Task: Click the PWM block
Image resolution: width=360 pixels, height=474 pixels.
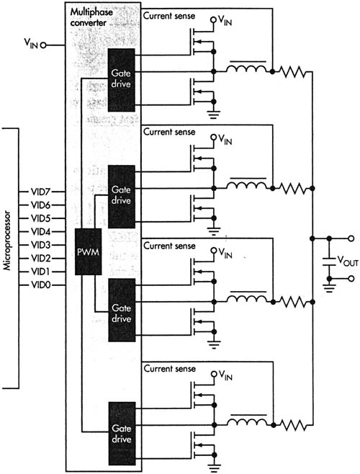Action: (x=88, y=252)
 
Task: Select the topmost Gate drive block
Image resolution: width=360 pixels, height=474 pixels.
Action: (x=121, y=80)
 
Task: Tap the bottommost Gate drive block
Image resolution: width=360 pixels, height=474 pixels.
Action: (x=122, y=434)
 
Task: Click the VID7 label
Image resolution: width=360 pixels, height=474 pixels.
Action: (x=41, y=192)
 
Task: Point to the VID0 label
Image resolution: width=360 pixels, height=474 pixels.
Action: (x=41, y=285)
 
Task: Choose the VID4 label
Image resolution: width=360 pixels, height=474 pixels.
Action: (x=41, y=232)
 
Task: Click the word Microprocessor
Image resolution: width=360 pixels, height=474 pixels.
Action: (x=7, y=241)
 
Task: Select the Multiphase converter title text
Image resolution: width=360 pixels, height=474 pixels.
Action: (x=91, y=17)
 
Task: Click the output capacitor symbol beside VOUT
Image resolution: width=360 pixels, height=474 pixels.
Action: (x=329, y=261)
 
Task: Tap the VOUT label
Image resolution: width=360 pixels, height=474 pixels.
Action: (x=348, y=261)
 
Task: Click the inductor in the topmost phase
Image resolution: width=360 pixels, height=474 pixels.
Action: (x=247, y=68)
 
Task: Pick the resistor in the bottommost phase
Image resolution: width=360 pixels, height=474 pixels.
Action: (x=292, y=425)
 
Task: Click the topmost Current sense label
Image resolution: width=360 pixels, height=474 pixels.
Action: (x=169, y=16)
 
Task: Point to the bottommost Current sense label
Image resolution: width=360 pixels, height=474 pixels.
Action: (x=170, y=369)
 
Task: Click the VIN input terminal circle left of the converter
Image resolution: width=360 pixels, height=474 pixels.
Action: (x=43, y=45)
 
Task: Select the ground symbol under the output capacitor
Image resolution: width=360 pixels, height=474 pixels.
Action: (x=329, y=288)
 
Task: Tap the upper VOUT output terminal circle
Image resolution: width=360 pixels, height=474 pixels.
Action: (x=351, y=238)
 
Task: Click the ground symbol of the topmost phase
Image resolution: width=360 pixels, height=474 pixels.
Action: (x=214, y=115)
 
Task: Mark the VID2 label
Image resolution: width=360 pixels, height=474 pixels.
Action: (x=41, y=259)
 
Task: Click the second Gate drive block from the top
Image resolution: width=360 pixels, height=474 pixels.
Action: (x=122, y=197)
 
